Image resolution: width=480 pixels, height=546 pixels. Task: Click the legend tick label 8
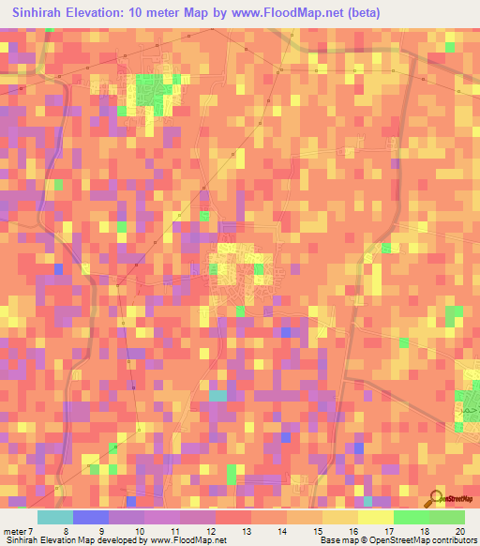click(x=66, y=531)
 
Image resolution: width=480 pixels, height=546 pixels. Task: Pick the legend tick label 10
click(x=139, y=531)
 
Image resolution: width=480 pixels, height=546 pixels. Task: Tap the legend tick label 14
click(x=282, y=531)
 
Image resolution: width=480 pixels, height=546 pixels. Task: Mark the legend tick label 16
click(x=353, y=531)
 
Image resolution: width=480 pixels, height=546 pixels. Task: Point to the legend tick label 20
click(x=459, y=531)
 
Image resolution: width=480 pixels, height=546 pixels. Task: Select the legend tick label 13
click(x=247, y=531)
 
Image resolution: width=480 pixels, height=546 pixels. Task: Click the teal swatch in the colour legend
click(x=55, y=517)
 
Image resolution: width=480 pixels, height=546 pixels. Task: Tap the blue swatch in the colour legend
click(x=91, y=517)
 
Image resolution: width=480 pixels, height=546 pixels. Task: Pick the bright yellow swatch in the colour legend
click(x=376, y=517)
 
